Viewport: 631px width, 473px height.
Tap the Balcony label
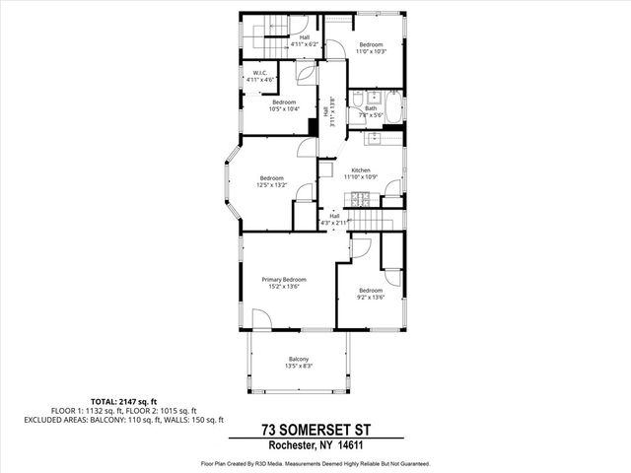click(299, 359)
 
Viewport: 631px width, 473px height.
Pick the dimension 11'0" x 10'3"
click(371, 50)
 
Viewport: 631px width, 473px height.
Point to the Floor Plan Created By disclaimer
click(315, 463)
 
